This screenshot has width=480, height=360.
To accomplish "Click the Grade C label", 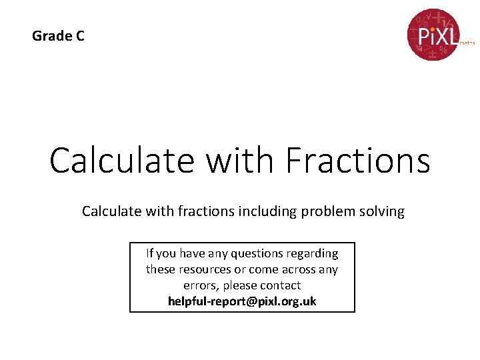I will [58, 36].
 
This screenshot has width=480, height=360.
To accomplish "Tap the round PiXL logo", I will [433, 35].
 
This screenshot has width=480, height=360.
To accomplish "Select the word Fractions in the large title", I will [357, 161].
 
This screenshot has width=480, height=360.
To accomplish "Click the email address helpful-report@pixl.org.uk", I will [242, 301].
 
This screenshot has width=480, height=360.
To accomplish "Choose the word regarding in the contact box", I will [313, 253].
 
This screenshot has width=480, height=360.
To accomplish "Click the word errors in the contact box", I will [181, 285].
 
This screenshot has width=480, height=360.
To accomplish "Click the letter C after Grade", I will [79, 36].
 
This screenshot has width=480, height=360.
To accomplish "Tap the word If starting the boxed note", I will [150, 253].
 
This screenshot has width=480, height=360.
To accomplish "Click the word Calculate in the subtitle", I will [109, 212].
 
